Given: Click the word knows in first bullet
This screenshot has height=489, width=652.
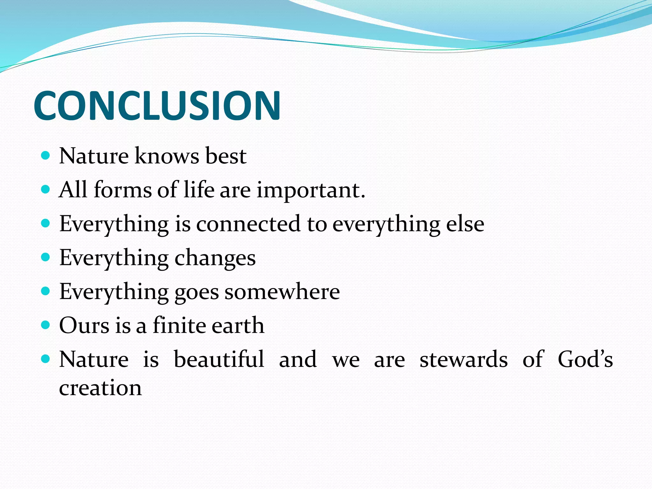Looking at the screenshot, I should point(167,156).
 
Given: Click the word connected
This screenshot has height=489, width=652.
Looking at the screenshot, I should point(248,224).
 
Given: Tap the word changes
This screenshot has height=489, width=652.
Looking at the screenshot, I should point(215,258).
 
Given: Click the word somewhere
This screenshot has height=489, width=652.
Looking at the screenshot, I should point(282,292).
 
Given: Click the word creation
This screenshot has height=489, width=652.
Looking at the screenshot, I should point(100,388).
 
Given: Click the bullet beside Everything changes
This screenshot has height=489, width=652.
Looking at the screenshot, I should point(46,257).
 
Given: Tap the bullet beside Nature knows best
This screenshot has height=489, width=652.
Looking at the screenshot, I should point(46,155).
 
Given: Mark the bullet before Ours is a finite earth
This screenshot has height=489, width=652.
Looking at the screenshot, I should point(46,325).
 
